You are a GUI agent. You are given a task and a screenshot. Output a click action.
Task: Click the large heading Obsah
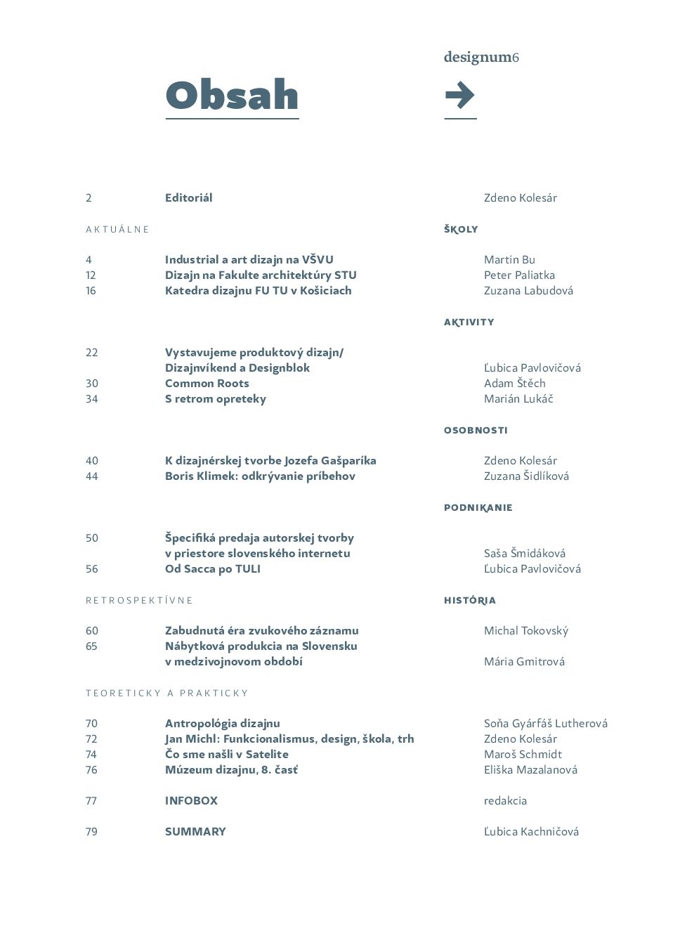coord(232,96)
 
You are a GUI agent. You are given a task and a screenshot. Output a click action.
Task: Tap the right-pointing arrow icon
coord(460,95)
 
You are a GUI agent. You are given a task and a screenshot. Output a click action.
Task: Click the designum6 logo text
coord(481,57)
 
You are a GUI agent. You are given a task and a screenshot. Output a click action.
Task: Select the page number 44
coord(92,476)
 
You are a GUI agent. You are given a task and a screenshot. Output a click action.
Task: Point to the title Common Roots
coord(207,383)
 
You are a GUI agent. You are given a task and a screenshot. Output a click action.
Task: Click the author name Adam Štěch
coord(514,383)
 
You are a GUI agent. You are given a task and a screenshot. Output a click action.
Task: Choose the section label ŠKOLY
coord(461,229)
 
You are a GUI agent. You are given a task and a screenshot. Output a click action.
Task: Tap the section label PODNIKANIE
coord(478,507)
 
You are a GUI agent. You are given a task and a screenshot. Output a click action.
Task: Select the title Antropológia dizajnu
coord(223,723)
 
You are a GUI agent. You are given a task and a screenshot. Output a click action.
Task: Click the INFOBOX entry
coord(191,800)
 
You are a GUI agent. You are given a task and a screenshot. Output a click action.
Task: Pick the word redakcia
coord(505,800)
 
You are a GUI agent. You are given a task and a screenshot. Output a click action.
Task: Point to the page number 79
coord(91,831)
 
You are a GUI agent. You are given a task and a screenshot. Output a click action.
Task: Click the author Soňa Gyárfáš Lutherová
coord(545,723)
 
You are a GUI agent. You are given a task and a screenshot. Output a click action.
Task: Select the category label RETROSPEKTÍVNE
coord(139,600)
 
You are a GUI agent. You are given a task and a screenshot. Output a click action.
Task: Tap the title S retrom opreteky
coord(216,398)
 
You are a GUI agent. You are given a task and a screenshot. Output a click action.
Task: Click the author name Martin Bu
coord(509,259)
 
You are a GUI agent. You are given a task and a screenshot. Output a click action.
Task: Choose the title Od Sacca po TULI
coord(213,568)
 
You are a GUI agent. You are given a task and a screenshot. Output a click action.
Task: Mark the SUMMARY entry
coord(195,831)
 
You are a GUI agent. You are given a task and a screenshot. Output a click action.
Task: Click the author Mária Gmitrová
coord(524,661)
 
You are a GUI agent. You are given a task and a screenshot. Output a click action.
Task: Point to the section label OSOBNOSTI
coord(476,430)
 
